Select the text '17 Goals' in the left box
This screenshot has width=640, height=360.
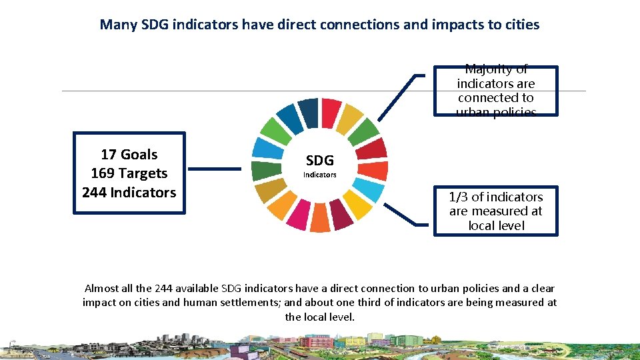[129, 155]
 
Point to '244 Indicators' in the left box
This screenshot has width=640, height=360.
[129, 193]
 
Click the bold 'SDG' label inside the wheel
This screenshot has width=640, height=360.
[319, 161]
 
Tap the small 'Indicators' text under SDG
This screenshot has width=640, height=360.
[319, 175]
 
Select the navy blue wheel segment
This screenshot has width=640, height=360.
[308, 112]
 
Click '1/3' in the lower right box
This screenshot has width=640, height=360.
[459, 197]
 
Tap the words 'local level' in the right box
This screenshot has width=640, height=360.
[496, 225]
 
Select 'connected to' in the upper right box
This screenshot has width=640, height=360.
[495, 97]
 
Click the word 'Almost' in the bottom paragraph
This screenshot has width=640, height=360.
[101, 289]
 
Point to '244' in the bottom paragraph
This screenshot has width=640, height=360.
[163, 289]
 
